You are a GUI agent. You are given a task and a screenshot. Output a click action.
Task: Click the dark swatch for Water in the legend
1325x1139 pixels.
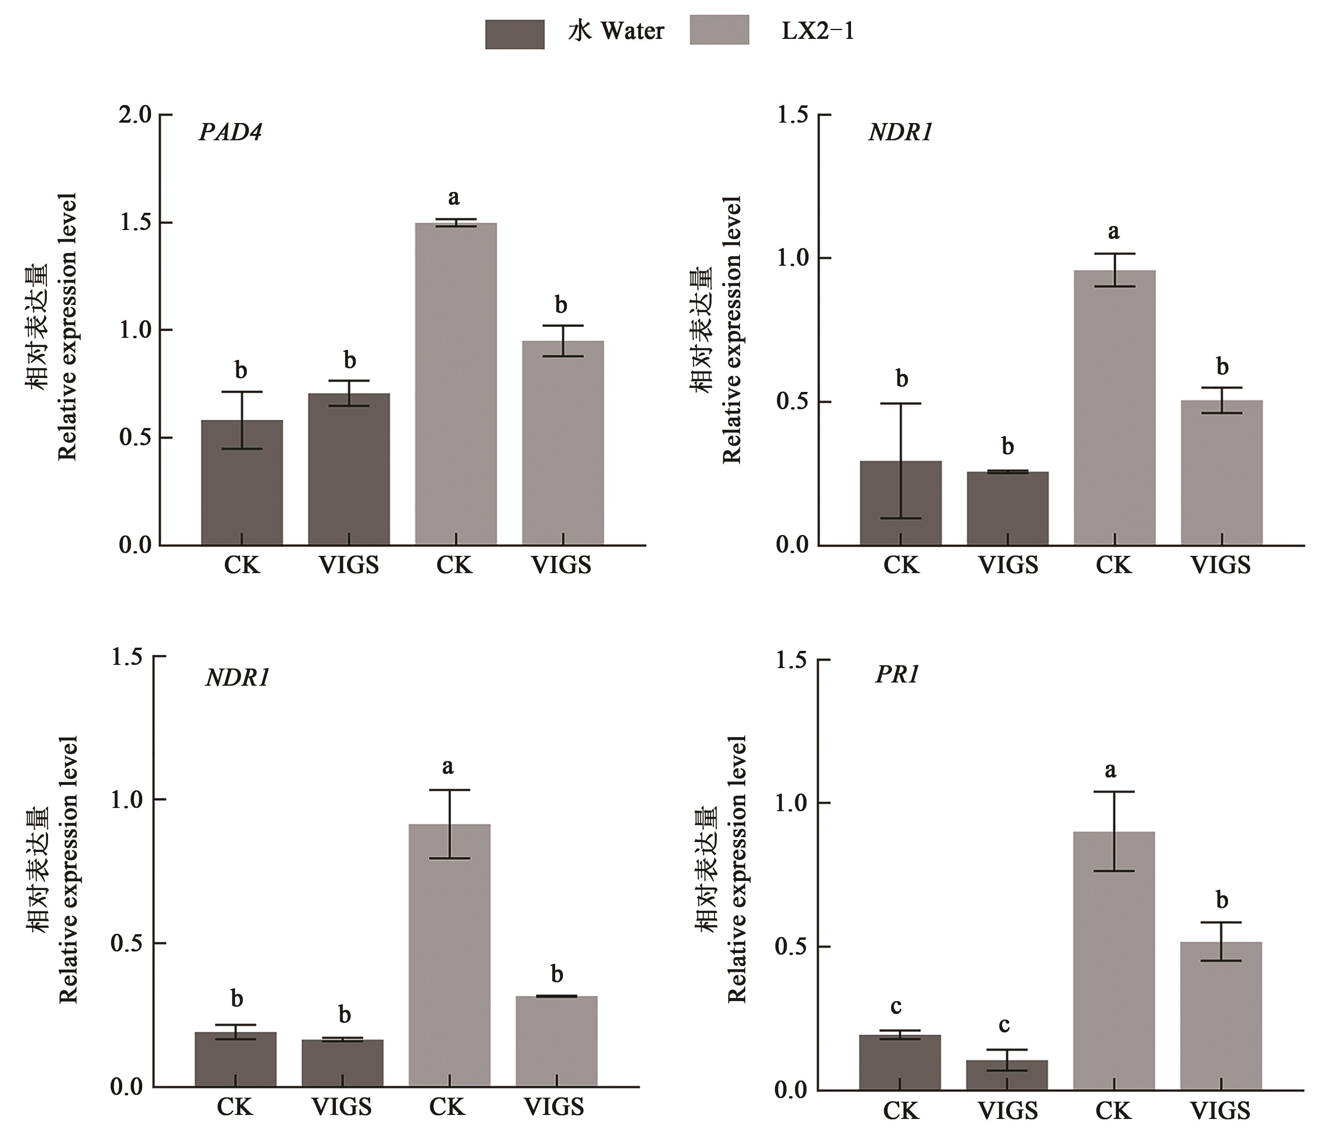515,34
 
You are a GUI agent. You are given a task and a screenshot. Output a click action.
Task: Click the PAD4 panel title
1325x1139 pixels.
230,132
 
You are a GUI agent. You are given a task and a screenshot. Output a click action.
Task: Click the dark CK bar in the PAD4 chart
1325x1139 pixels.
242,483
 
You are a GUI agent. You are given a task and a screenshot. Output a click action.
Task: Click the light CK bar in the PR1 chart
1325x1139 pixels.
1113,960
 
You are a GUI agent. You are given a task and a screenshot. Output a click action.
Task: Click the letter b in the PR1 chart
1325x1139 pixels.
1221,902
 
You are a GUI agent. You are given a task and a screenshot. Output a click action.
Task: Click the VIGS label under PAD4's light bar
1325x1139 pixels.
561,565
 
